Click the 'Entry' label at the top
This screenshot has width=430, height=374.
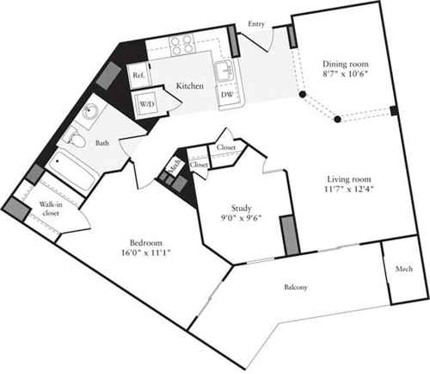pos(256,24)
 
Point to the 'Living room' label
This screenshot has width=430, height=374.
pos(347,177)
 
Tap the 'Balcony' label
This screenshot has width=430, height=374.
pos(295,287)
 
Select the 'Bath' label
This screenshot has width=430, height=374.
pos(101,144)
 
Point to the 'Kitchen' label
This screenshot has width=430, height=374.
pos(190,86)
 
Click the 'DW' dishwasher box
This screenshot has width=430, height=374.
pos(227,95)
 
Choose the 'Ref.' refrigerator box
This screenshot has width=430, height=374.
pos(138,76)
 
